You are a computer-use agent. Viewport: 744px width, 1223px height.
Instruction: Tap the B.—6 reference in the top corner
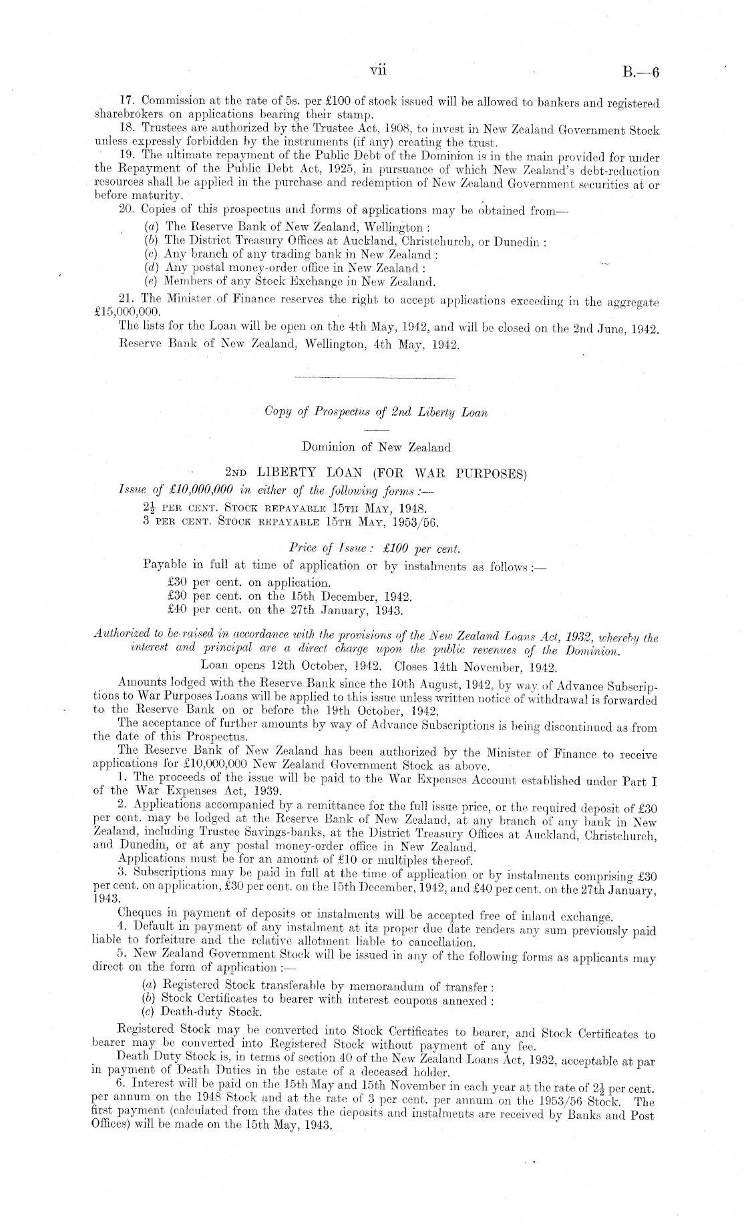pyautogui.click(x=640, y=73)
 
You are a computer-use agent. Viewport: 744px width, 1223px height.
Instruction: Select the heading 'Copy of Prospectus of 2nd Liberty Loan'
pyautogui.click(x=376, y=412)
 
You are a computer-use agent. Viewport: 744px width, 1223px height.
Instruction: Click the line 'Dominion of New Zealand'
pyautogui.click(x=376, y=447)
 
